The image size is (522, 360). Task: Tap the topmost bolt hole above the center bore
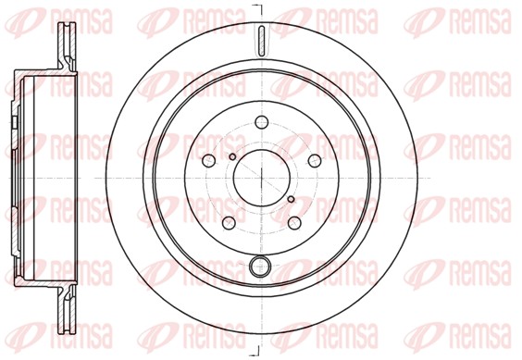coord(260,122)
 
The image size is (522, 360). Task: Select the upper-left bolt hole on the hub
coord(209,159)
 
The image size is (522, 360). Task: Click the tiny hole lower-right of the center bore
coord(290,198)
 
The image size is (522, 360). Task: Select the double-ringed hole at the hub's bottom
coord(260,268)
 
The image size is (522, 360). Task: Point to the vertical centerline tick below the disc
coord(260,350)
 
